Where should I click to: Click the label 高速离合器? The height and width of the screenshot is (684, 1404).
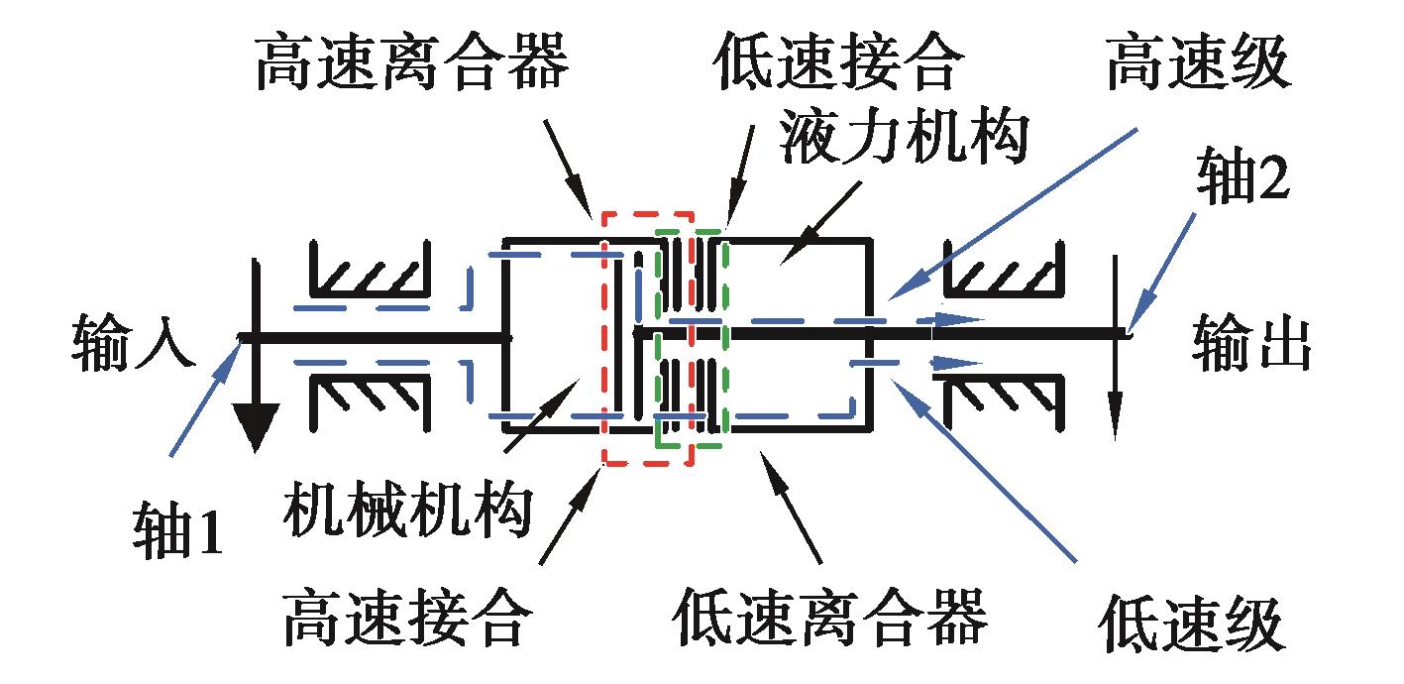(x=412, y=66)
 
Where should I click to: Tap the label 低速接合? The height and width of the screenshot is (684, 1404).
(x=837, y=66)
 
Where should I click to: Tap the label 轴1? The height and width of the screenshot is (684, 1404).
(x=178, y=535)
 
